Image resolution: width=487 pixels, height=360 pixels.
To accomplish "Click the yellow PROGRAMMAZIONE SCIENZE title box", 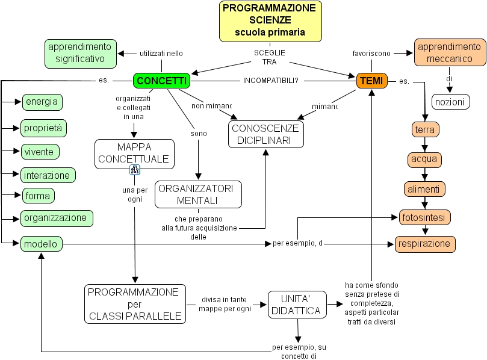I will [x=270, y=21].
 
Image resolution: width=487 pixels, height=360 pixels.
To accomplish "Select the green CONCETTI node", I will [x=161, y=81].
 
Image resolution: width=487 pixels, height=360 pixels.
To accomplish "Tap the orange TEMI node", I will [x=372, y=81].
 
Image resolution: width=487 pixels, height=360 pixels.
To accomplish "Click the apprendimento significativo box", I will [x=79, y=53].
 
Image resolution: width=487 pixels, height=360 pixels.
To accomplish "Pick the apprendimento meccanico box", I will [x=450, y=53].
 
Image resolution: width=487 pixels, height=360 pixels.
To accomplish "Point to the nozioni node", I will [x=450, y=102].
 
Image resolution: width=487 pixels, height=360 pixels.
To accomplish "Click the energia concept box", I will [x=42, y=101].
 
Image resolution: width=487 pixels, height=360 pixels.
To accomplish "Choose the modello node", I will [x=42, y=244].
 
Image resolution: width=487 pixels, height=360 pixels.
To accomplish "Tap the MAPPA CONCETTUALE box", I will [x=134, y=154].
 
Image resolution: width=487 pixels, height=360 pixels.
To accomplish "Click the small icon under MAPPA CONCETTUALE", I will [x=135, y=170].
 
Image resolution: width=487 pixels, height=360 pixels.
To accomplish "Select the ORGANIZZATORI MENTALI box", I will [x=198, y=194].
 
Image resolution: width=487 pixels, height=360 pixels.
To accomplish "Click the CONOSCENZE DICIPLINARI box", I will [x=265, y=134].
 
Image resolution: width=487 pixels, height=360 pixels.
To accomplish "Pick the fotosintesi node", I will [x=424, y=217].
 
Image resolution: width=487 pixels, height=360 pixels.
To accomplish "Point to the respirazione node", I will [x=425, y=244].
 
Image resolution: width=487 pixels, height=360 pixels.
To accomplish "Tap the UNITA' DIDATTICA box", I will [x=296, y=305].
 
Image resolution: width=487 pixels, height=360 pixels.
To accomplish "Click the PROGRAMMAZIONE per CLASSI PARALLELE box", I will [x=134, y=304].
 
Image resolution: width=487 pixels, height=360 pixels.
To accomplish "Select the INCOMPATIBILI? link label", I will [x=270, y=81].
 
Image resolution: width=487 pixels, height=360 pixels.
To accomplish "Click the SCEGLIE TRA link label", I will [x=269, y=57].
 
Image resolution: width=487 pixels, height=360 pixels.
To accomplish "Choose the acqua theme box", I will [x=424, y=160].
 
